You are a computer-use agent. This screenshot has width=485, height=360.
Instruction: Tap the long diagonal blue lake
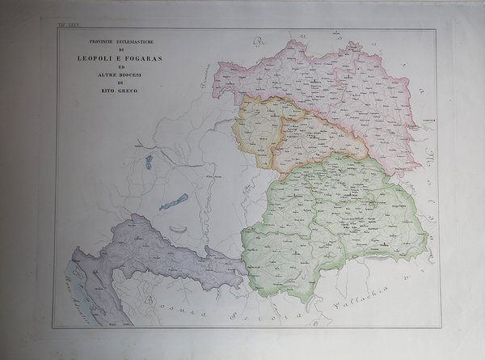[x=174, y=201]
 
